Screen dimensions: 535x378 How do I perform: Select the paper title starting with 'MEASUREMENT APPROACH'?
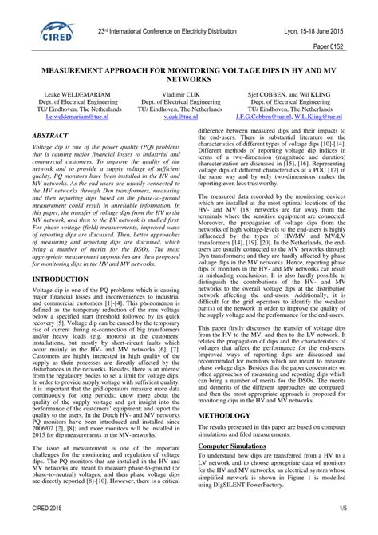coord(189,75)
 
